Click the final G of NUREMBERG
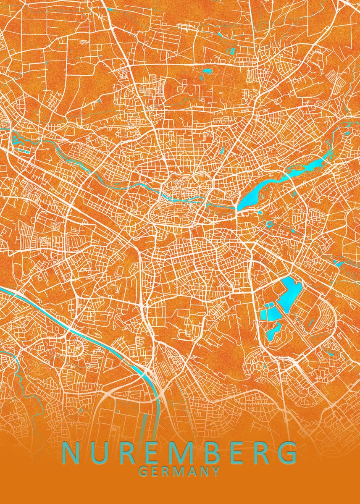pos(287,453)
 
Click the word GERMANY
pos(179,471)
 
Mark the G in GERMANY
pos(143,471)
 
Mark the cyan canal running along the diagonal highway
pos(105,341)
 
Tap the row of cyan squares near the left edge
pos(21,149)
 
